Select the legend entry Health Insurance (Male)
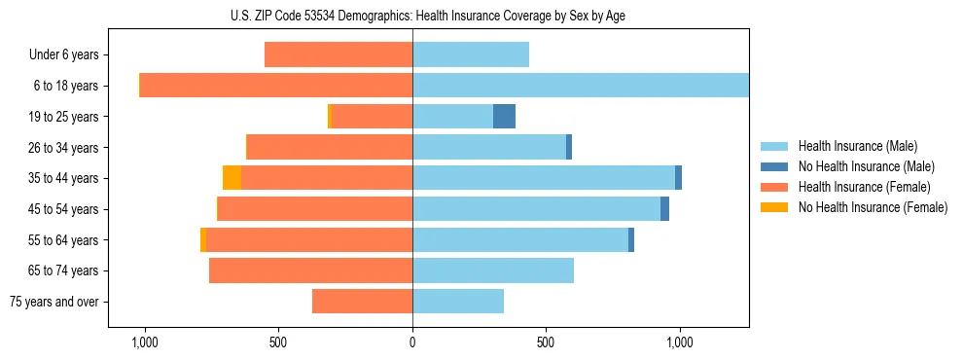857,146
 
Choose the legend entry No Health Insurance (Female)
873,207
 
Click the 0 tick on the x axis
412,342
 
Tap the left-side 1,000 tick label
144,342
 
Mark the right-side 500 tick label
546,342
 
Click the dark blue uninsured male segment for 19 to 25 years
504,117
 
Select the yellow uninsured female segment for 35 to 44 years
232,178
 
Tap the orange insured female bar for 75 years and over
362,302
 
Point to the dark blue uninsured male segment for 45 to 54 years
664,209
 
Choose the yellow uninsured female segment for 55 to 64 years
203,239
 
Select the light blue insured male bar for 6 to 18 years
581,86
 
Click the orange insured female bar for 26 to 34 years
330,147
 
